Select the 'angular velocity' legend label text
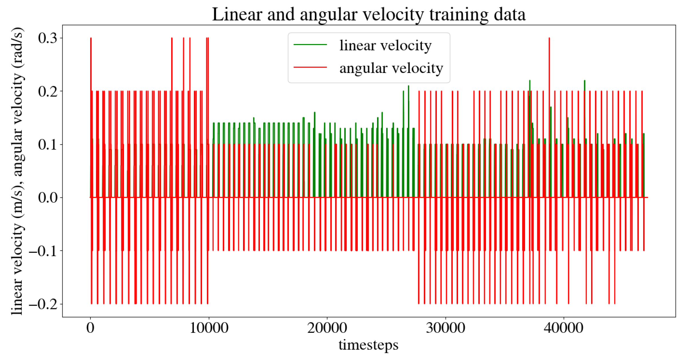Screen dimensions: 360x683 coord(391,68)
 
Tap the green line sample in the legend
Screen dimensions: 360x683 coord(310,45)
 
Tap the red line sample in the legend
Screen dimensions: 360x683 coord(310,67)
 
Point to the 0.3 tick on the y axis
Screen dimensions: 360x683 coord(48,38)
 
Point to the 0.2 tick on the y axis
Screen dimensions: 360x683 coord(48,91)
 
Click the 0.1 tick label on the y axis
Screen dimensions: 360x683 coord(48,145)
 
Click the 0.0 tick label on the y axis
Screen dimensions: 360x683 coord(48,197)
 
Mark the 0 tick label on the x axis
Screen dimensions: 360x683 coord(90,328)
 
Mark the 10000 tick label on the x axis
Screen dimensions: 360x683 coord(209,328)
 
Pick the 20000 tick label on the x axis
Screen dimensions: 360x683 coord(327,328)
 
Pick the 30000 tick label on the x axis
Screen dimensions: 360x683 coord(446,328)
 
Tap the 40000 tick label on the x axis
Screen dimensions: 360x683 coord(564,328)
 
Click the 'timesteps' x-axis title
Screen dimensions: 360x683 coord(368,345)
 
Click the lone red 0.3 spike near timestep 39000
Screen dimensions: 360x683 coord(549,57)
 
